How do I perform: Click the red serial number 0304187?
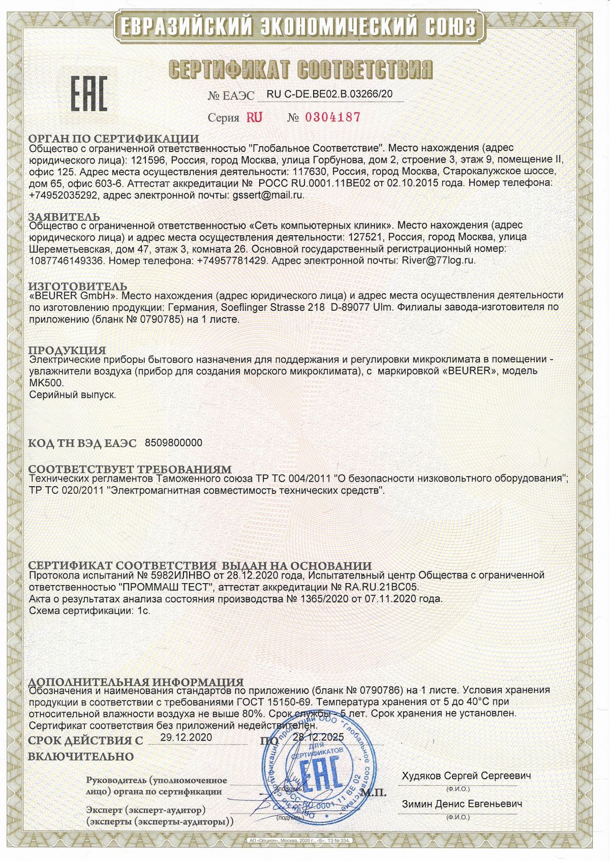click(x=332, y=117)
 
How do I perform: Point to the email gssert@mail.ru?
click(x=268, y=195)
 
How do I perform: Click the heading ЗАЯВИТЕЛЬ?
click(x=64, y=217)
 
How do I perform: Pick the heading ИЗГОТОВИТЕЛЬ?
click(x=77, y=287)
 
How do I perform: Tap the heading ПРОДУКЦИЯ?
click(x=67, y=350)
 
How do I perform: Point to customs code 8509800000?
click(x=173, y=443)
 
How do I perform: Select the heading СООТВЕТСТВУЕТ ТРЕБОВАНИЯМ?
click(x=130, y=469)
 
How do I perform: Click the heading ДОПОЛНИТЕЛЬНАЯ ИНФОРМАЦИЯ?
click(x=136, y=682)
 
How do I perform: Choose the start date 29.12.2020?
click(x=186, y=737)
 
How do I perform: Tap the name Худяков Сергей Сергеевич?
click(x=466, y=776)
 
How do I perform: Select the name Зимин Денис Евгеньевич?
click(x=462, y=805)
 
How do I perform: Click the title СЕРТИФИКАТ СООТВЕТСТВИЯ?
click(x=300, y=69)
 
